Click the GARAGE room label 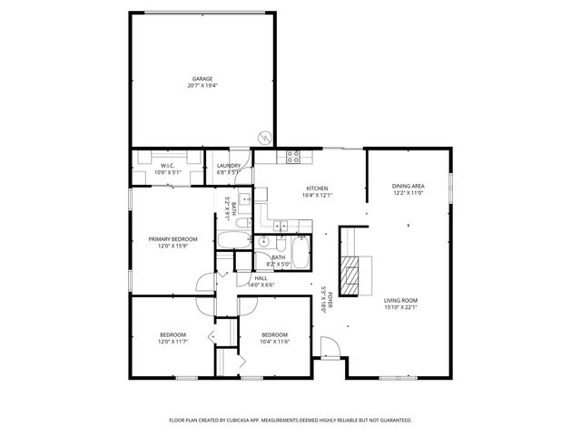pyautogui.click(x=202, y=79)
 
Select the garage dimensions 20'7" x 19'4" pyautogui.click(x=202, y=86)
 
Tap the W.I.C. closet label pyautogui.click(x=167, y=165)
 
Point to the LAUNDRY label pyautogui.click(x=229, y=165)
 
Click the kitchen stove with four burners pyautogui.click(x=293, y=155)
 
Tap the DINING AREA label pyautogui.click(x=408, y=186)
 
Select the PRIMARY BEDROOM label pyautogui.click(x=172, y=239)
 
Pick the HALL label pyautogui.click(x=261, y=278)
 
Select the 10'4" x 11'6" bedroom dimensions pyautogui.click(x=273, y=340)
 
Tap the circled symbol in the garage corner pyautogui.click(x=264, y=138)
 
